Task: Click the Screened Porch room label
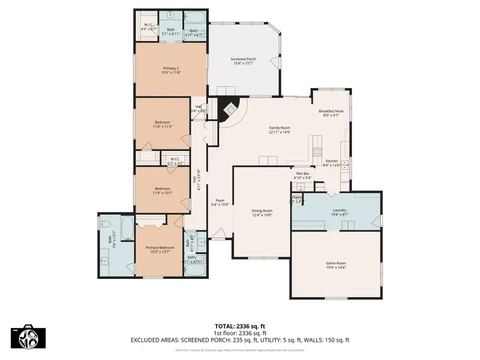click(243, 59)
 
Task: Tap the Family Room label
click(279, 127)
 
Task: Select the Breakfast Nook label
click(331, 111)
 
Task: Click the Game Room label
click(336, 263)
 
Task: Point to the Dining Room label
click(262, 211)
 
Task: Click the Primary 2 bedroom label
click(171, 68)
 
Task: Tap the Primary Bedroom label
click(158, 247)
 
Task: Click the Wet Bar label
click(303, 174)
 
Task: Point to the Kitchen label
click(331, 161)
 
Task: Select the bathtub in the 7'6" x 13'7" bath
click(127, 227)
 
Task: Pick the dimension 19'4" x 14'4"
click(336, 268)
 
